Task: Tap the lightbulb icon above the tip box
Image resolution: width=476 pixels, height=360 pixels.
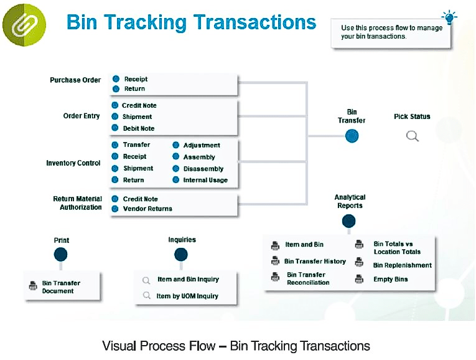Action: click(x=448, y=16)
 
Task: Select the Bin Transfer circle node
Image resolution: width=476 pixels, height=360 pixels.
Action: click(x=352, y=136)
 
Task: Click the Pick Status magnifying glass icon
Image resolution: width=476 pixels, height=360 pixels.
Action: click(x=412, y=136)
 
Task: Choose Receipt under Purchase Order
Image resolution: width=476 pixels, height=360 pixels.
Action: click(x=135, y=79)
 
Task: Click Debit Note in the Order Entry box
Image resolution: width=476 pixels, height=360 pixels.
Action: click(x=138, y=128)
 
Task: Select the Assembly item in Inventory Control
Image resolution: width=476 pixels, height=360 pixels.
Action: click(x=198, y=157)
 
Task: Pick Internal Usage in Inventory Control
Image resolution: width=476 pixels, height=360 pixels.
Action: click(x=205, y=180)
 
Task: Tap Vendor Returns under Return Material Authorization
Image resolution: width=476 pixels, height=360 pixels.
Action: click(x=147, y=209)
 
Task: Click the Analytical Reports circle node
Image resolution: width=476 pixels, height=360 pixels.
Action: click(x=349, y=221)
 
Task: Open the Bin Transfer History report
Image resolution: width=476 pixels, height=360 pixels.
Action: click(x=315, y=261)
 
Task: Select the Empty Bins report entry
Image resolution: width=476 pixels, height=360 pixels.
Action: click(x=390, y=280)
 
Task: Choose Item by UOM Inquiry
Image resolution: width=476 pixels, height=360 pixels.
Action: click(x=187, y=296)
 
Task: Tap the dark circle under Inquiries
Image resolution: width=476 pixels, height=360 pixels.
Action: click(x=181, y=254)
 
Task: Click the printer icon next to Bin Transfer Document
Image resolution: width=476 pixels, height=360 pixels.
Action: click(x=33, y=287)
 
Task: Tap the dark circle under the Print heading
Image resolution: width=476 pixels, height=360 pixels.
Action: click(x=60, y=254)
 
